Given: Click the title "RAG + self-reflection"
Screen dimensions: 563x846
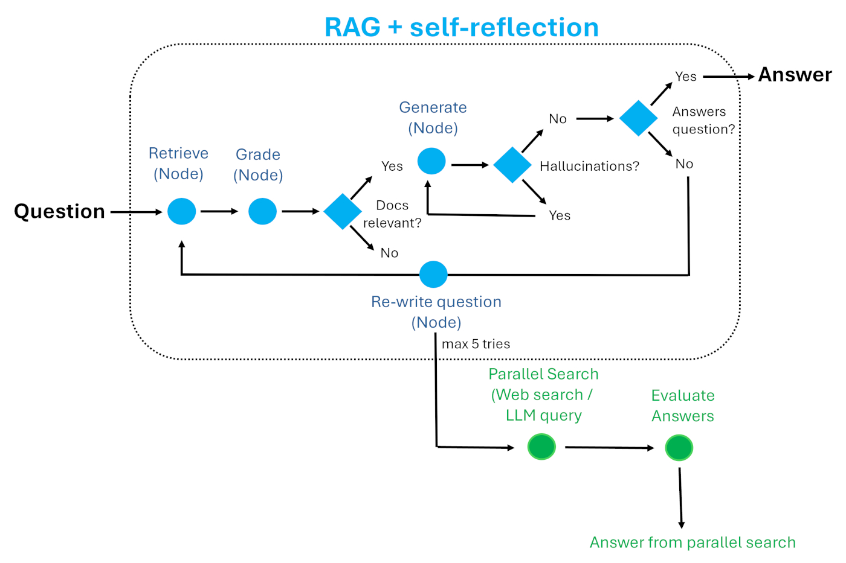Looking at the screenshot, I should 461,27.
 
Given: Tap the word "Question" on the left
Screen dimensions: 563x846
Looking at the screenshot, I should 59,211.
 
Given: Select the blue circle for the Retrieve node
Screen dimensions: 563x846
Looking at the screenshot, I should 181,211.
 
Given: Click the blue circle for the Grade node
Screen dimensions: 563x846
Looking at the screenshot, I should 262,211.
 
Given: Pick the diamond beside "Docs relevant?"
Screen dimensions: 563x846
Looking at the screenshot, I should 343,211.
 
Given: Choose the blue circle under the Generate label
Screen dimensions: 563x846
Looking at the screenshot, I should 431,161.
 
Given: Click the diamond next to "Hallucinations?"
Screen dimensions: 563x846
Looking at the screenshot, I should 512,165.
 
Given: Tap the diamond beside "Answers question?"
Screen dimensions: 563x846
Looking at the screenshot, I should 638,118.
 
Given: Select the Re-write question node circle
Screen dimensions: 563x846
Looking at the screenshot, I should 433,275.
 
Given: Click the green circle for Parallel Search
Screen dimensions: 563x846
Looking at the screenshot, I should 541,447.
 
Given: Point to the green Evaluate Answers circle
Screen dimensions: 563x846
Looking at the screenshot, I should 679,448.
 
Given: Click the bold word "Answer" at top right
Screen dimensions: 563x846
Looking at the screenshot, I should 795,75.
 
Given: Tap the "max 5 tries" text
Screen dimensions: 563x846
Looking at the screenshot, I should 476,344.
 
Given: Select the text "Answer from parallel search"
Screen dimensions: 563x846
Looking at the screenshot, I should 693,542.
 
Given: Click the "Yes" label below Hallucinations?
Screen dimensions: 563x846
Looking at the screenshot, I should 560,215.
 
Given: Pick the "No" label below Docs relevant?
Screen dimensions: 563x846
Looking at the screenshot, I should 389,253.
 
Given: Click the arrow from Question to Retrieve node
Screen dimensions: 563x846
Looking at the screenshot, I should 136,212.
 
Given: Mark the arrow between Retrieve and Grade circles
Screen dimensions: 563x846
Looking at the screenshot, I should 219,211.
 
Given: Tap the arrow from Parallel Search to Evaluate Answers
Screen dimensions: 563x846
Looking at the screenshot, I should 609,448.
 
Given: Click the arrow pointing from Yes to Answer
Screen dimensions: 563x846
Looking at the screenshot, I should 728,77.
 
